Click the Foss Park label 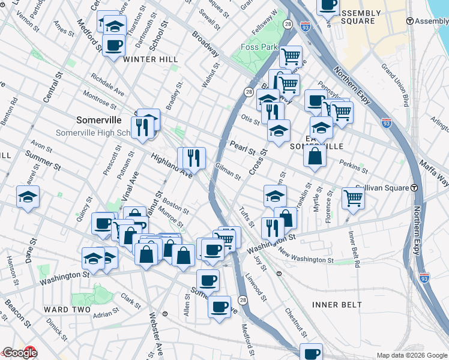pyautogui.click(x=258, y=47)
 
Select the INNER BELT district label pyautogui.click(x=337, y=305)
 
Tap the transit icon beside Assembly pyautogui.click(x=410, y=21)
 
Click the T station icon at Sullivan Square pyautogui.click(x=415, y=188)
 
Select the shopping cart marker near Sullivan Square pyautogui.click(x=353, y=198)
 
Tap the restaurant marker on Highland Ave pyautogui.click(x=193, y=158)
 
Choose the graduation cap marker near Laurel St pyautogui.click(x=28, y=197)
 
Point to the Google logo pyautogui.click(x=20, y=353)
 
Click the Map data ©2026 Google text pyautogui.click(x=411, y=355)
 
